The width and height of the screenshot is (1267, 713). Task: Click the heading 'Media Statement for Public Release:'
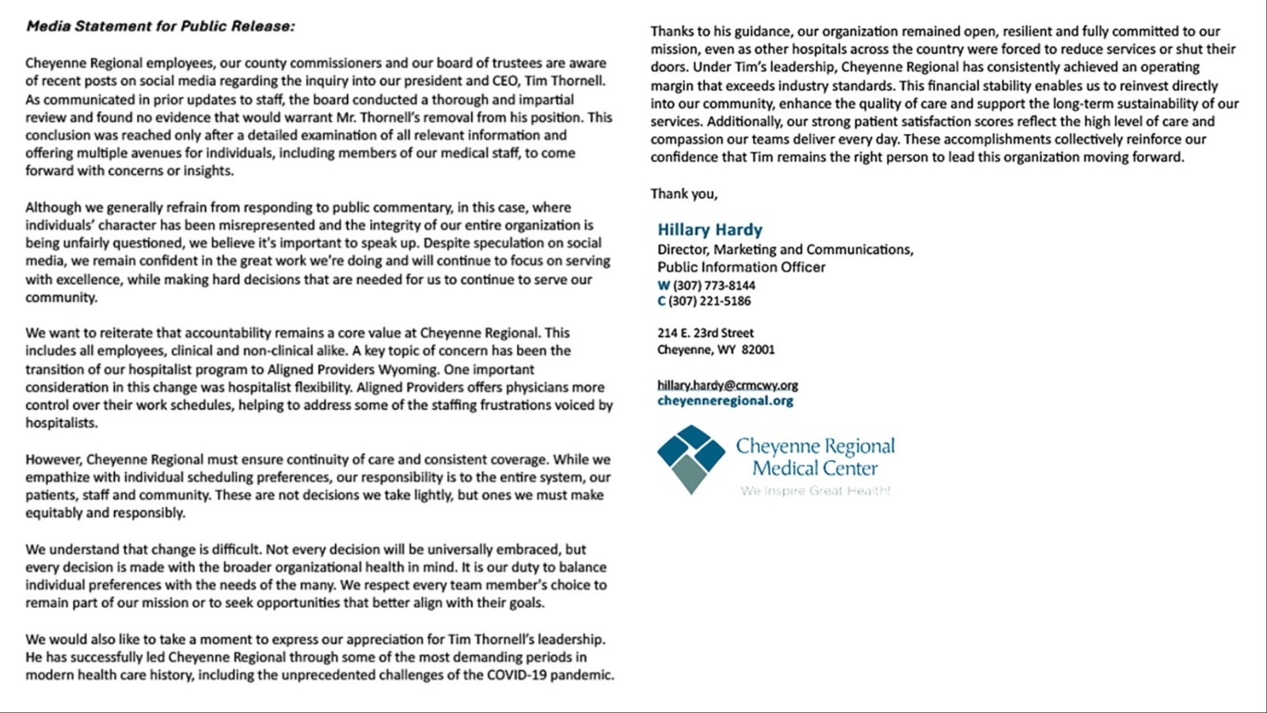click(x=160, y=26)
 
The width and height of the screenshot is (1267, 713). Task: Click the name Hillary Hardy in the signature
click(x=710, y=230)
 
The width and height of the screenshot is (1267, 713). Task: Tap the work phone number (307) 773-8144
click(x=713, y=285)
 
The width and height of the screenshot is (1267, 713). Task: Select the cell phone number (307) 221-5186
click(x=710, y=301)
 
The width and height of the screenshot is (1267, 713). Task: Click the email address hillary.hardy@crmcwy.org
click(x=727, y=385)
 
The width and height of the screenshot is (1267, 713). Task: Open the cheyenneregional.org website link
click(x=725, y=401)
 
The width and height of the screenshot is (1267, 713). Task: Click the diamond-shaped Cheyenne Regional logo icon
click(x=691, y=459)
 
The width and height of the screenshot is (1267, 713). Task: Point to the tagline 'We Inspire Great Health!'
click(x=815, y=491)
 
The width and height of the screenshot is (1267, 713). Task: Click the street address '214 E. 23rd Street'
click(x=705, y=333)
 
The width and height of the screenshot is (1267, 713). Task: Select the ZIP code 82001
click(x=758, y=349)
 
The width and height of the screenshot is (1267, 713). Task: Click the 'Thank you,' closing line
click(x=683, y=193)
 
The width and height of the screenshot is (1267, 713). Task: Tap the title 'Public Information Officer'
click(x=740, y=267)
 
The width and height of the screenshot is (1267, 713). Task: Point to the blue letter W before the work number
click(x=664, y=285)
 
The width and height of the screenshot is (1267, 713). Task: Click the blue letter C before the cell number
click(x=661, y=301)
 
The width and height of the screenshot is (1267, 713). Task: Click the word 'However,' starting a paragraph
click(x=53, y=459)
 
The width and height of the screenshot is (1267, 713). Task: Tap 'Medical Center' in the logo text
click(x=814, y=468)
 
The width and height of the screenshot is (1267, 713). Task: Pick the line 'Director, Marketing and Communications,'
click(x=785, y=250)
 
